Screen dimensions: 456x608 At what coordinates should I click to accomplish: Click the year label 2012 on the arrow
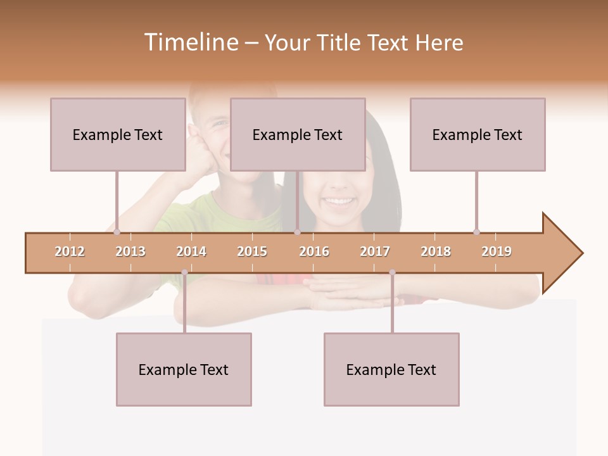pyautogui.click(x=70, y=251)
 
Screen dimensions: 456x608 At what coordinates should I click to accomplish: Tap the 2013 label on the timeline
pyautogui.click(x=130, y=251)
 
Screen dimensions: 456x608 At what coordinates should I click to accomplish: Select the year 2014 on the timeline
pyautogui.click(x=191, y=251)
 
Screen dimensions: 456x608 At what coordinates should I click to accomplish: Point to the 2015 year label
pyautogui.click(x=252, y=251)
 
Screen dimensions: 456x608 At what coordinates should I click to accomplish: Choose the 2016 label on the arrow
pyautogui.click(x=314, y=251)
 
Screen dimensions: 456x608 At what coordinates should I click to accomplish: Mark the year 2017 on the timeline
pyautogui.click(x=375, y=251)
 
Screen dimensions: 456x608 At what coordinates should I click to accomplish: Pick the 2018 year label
pyautogui.click(x=436, y=251)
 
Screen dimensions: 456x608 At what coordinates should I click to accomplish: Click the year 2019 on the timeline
pyautogui.click(x=497, y=251)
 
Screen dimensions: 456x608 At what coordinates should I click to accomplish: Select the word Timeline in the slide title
pyautogui.click(x=190, y=42)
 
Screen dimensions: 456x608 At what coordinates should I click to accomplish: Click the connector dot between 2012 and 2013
pyautogui.click(x=117, y=232)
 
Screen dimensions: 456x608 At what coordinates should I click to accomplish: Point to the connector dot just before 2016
pyautogui.click(x=297, y=232)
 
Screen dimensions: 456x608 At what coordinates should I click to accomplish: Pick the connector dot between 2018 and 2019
pyautogui.click(x=476, y=232)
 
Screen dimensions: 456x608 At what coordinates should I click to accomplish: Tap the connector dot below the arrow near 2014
pyautogui.click(x=184, y=272)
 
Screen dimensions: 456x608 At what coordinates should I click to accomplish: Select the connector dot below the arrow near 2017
pyautogui.click(x=392, y=272)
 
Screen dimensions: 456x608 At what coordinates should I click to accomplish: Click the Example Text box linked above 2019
pyautogui.click(x=478, y=134)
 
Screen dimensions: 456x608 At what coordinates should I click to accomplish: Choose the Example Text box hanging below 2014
pyautogui.click(x=184, y=369)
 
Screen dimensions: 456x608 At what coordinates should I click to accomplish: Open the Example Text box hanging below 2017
pyautogui.click(x=391, y=369)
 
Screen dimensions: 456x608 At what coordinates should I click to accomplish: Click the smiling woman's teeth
pyautogui.click(x=339, y=202)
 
